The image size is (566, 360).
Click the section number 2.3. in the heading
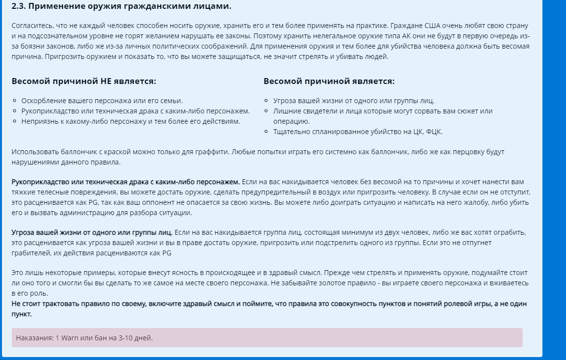coord(19,6)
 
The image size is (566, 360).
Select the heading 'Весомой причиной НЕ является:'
coord(84,81)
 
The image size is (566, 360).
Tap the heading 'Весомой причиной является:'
coord(329,81)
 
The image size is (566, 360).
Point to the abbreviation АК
coord(388,36)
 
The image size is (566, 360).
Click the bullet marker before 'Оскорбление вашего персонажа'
coord(15,101)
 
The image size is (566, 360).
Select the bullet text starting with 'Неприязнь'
coord(131,121)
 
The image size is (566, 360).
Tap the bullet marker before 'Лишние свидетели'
coord(267,111)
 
